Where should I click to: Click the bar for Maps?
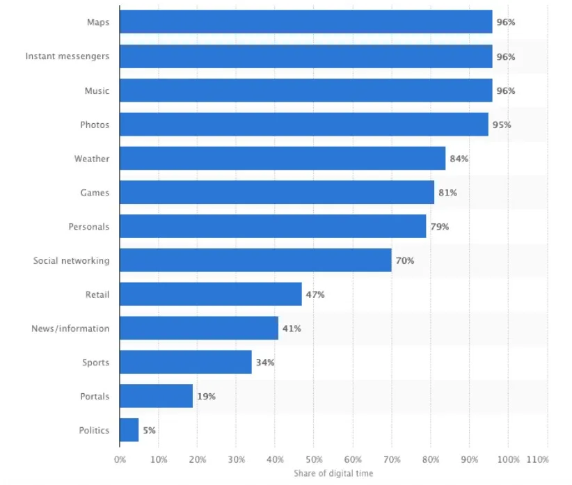click(x=305, y=22)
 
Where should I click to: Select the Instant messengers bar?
click(x=305, y=56)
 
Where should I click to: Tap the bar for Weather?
click(x=282, y=159)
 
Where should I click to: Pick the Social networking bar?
click(x=255, y=261)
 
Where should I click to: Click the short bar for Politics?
click(x=129, y=430)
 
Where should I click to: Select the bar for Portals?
click(x=156, y=397)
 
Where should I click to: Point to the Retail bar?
click(x=210, y=294)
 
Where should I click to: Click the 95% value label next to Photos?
click(x=501, y=125)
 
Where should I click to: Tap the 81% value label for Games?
click(x=447, y=193)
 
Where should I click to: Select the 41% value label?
click(x=292, y=328)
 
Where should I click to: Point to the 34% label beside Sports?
click(x=264, y=363)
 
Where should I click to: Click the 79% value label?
click(x=439, y=227)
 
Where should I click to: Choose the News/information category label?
click(x=70, y=328)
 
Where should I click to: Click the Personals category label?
click(x=88, y=227)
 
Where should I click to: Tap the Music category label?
click(x=97, y=90)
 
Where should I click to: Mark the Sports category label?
click(x=95, y=363)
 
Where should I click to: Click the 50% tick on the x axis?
click(x=314, y=460)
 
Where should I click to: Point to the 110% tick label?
click(x=538, y=460)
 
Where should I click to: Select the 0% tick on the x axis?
click(x=120, y=460)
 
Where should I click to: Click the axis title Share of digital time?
click(x=333, y=473)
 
